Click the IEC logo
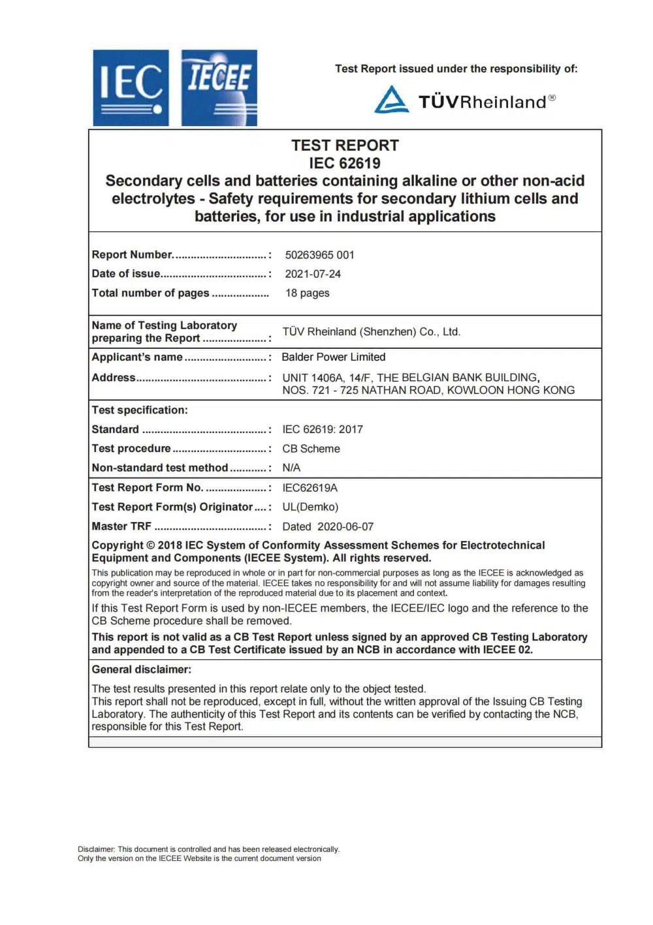click(x=131, y=88)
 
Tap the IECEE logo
click(x=219, y=88)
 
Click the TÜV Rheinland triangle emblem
click(x=392, y=99)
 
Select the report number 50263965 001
click(x=319, y=255)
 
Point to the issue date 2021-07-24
click(x=313, y=274)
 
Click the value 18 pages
click(x=307, y=293)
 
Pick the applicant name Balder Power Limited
click(x=333, y=357)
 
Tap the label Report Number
click(x=133, y=255)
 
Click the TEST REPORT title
click(x=345, y=145)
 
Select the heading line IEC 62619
click(x=345, y=163)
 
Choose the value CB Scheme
click(x=311, y=449)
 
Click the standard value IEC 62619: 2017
click(x=323, y=429)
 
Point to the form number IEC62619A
click(x=310, y=487)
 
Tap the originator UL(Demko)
click(x=310, y=507)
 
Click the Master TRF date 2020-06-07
click(x=345, y=527)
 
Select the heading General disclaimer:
click(x=141, y=669)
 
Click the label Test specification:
click(x=139, y=410)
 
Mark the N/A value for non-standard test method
click(x=291, y=468)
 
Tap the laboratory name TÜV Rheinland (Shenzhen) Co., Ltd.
click(x=371, y=332)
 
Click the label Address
click(x=114, y=378)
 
